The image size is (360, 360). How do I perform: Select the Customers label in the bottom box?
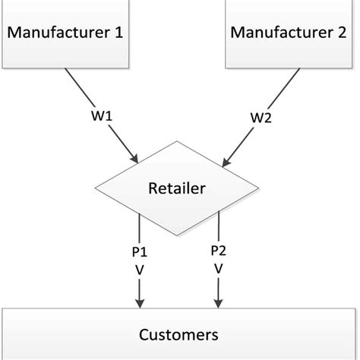pos(179,333)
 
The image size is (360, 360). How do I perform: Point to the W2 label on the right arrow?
pos(260,118)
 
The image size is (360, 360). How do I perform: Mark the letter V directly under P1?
pos(139,268)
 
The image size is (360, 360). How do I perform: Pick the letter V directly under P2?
pos(219,268)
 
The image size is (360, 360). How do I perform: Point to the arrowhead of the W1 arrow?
pos(134,159)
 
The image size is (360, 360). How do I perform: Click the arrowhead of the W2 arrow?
pos(225,161)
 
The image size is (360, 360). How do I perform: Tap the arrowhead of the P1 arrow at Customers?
pos(139,304)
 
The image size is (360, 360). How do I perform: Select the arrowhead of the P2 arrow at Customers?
pos(219,304)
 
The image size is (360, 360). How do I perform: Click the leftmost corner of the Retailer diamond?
pos(95,188)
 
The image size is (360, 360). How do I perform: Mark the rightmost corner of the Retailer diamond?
pos(264,188)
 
